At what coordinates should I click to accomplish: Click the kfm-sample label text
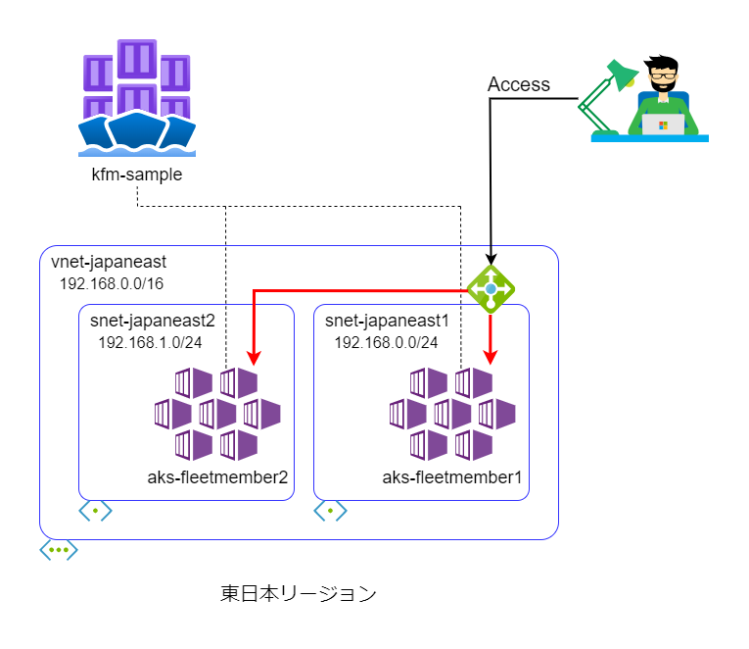pos(136,175)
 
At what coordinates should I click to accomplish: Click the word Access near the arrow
pos(519,84)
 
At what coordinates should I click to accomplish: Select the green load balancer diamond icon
pos(491,288)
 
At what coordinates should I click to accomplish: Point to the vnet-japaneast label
pos(109,263)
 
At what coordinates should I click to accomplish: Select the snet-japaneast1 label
pos(387,322)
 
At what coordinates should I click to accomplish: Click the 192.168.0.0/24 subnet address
pos(386,342)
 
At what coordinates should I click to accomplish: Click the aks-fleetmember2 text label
pos(217,477)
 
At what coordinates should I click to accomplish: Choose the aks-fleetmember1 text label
pos(452,477)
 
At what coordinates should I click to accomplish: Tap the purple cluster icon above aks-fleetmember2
pos(216,414)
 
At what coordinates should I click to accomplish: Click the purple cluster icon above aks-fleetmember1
pos(451,414)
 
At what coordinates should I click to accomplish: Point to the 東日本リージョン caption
pos(298,593)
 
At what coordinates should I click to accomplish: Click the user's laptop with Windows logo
pos(663,124)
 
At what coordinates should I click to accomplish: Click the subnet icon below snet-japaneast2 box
pos(95,512)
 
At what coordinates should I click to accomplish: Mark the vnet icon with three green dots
pos(59,549)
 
